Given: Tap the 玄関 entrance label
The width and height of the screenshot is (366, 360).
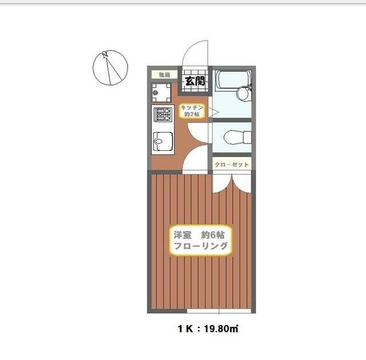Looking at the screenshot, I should click(194, 81).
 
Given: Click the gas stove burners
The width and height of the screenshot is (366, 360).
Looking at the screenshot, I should click(161, 116).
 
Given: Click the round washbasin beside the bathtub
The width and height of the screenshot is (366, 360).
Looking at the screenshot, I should click(244, 91).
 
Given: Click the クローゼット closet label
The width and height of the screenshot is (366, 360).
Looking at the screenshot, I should click(232, 165).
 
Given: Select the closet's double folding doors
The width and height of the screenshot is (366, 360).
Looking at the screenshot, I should click(232, 182).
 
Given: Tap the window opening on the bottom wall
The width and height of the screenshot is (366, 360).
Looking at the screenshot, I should click(220, 311).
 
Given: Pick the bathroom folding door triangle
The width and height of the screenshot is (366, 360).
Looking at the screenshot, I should click(210, 111).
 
